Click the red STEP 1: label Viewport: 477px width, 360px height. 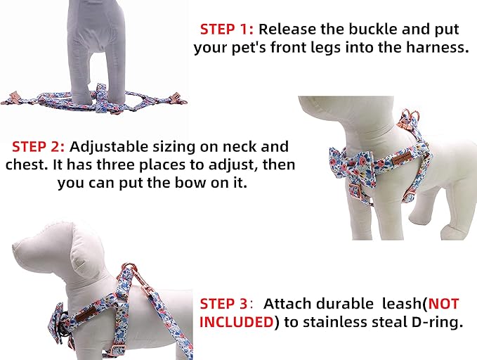(228, 30)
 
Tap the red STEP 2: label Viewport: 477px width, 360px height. (39, 147)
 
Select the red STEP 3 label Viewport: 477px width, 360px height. (224, 304)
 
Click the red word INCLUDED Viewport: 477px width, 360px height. (237, 322)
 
